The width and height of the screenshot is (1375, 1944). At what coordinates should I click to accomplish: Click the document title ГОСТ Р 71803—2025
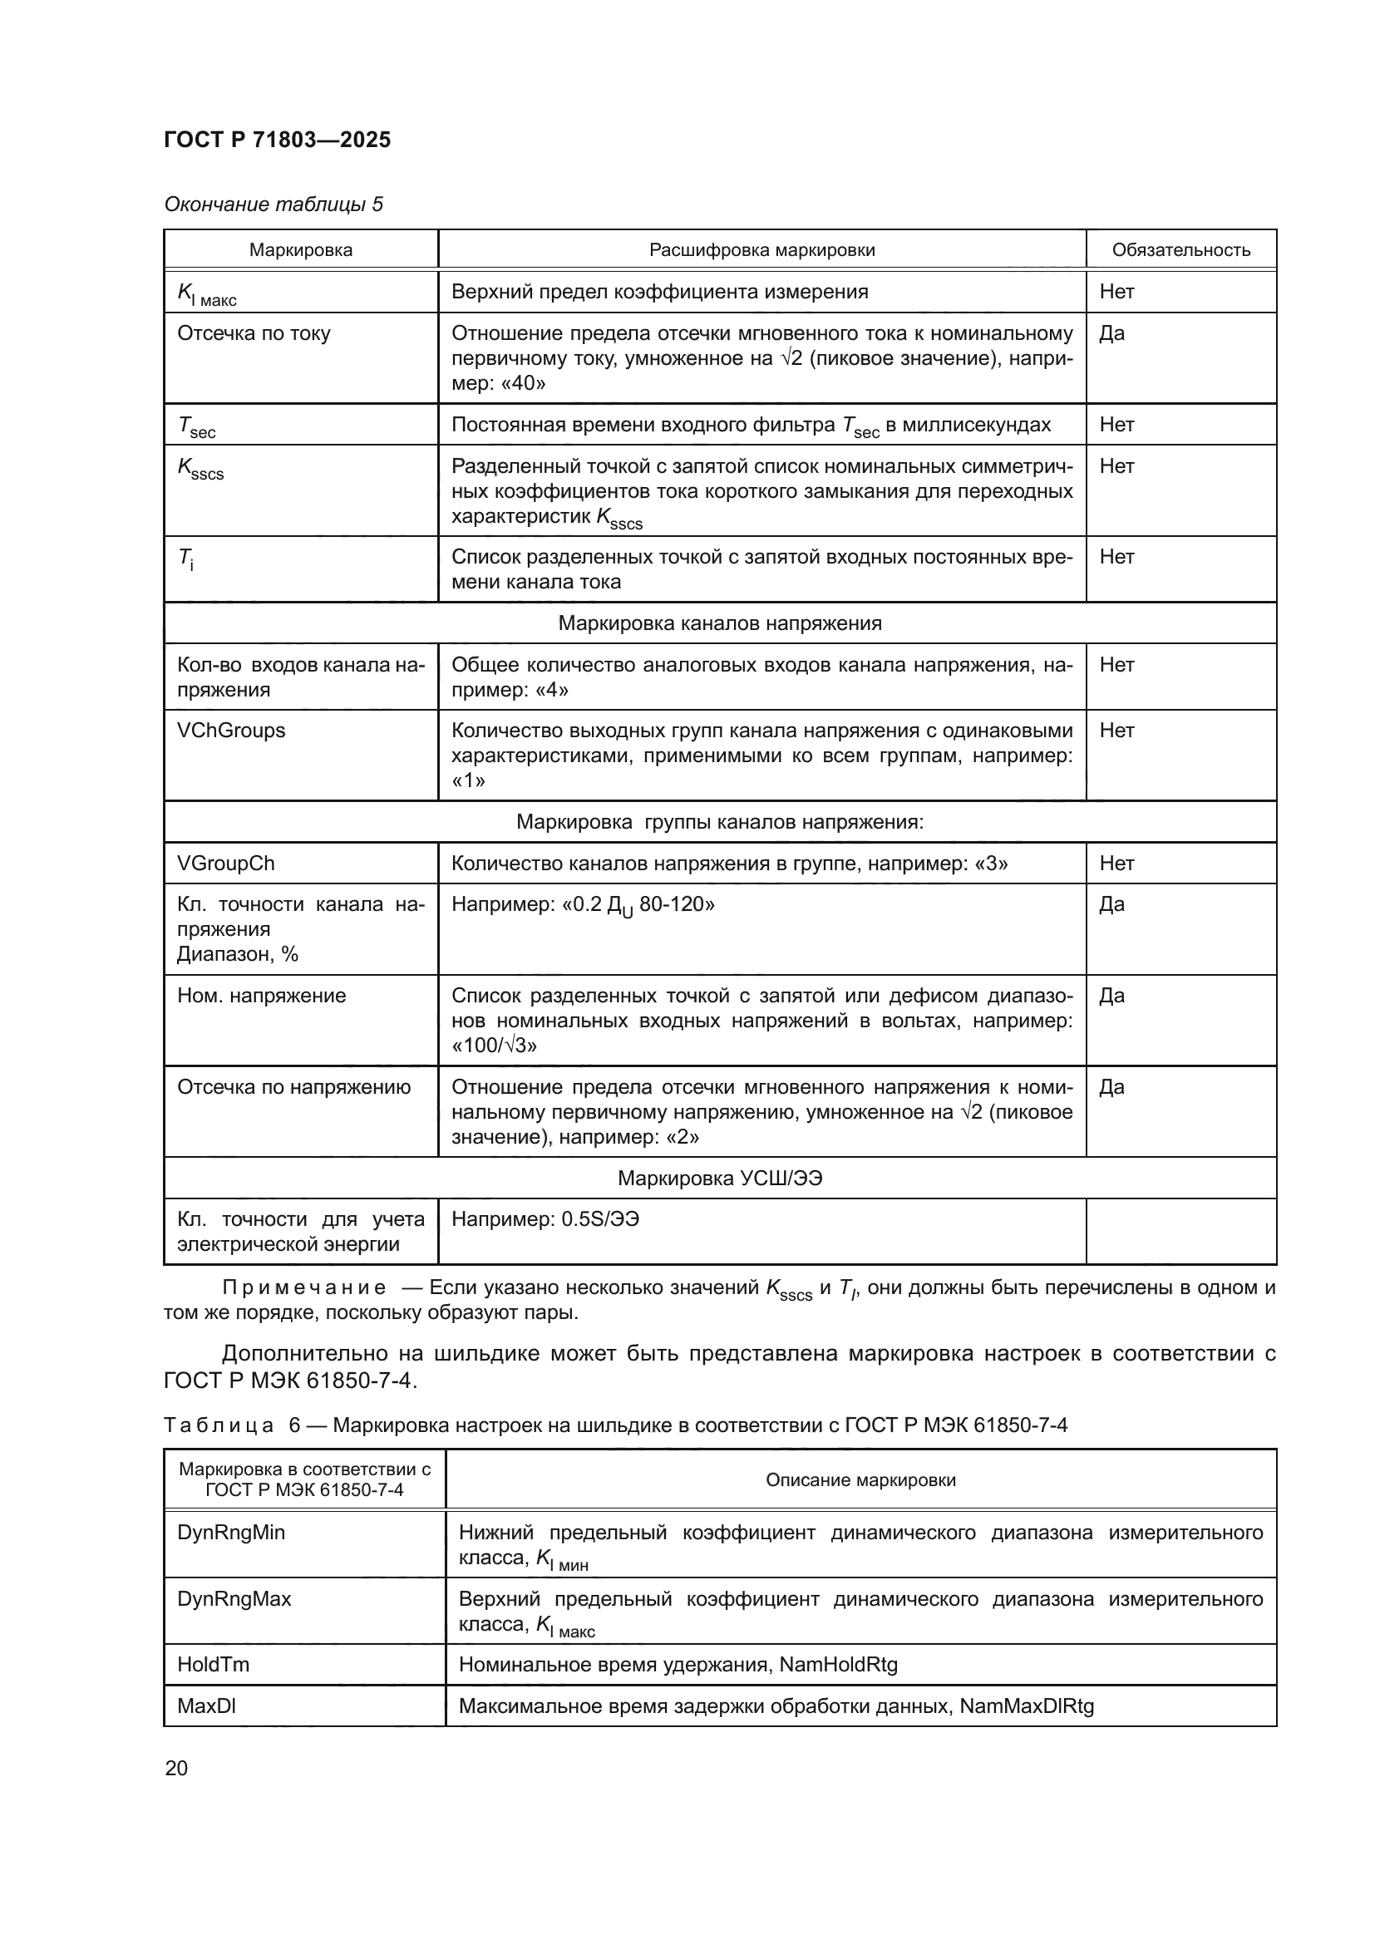pyautogui.click(x=277, y=140)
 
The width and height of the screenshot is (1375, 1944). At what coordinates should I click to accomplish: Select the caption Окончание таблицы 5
pyautogui.click(x=273, y=204)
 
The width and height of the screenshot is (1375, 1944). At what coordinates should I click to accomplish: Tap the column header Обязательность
pyautogui.click(x=1180, y=250)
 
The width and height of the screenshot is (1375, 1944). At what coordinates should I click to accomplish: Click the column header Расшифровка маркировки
pyautogui.click(x=761, y=250)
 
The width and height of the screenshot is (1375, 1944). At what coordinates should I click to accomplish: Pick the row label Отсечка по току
pyautogui.click(x=254, y=332)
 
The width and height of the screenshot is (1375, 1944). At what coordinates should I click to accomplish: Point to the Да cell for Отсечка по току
pyautogui.click(x=1111, y=332)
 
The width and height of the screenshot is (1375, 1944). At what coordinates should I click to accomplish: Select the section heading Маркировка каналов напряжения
pyautogui.click(x=720, y=623)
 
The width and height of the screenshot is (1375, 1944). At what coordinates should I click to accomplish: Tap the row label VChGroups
pyautogui.click(x=230, y=730)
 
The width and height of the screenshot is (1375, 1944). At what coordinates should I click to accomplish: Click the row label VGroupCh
pyautogui.click(x=225, y=863)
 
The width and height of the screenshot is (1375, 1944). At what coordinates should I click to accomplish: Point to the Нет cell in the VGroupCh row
pyautogui.click(x=1116, y=863)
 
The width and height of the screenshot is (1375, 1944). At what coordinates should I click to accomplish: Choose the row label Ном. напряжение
pyautogui.click(x=261, y=995)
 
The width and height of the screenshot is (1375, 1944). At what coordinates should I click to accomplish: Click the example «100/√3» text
pyautogui.click(x=494, y=1045)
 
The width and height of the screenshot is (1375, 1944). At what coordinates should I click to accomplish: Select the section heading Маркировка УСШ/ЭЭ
pyautogui.click(x=720, y=1178)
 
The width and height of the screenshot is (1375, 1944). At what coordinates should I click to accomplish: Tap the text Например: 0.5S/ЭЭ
pyautogui.click(x=545, y=1219)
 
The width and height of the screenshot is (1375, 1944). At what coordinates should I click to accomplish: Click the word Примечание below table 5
pyautogui.click(x=304, y=1287)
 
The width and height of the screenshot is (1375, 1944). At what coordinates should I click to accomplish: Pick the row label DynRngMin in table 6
pyautogui.click(x=230, y=1533)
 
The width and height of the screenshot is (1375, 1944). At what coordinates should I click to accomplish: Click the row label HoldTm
pyautogui.click(x=213, y=1665)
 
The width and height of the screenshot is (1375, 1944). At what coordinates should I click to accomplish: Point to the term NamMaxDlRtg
pyautogui.click(x=1026, y=1706)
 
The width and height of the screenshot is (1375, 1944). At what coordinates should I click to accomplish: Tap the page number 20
pyautogui.click(x=176, y=1768)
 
